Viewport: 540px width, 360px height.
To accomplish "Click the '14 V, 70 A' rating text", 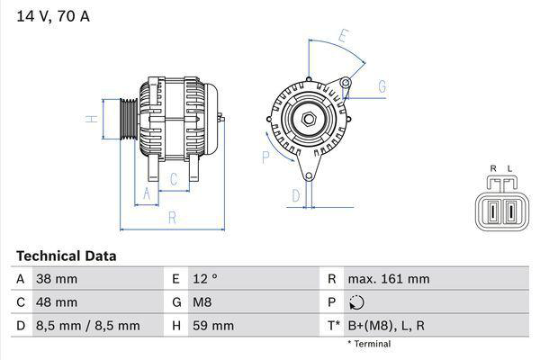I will [x=52, y=15].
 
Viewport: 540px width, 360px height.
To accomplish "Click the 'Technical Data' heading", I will [x=66, y=256].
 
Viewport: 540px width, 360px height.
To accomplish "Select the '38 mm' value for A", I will [x=56, y=280].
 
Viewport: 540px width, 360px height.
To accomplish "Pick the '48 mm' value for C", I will [x=56, y=302].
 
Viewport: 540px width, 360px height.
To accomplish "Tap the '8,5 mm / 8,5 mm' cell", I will [x=87, y=325].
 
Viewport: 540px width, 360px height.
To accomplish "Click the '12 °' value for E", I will [x=205, y=280].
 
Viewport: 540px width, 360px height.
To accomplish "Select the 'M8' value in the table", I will [x=202, y=302].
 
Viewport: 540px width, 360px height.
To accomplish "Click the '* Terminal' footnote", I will [x=368, y=344].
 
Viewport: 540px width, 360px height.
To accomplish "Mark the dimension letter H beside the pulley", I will [x=91, y=119].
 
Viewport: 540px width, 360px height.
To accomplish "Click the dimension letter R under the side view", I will [x=171, y=217].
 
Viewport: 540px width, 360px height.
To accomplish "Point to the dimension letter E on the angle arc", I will [x=343, y=37].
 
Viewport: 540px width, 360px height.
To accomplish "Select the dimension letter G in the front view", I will [x=382, y=86].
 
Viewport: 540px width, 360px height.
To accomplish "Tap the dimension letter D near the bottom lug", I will [x=295, y=195].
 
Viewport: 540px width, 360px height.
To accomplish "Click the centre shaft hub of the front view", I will [x=309, y=119].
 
